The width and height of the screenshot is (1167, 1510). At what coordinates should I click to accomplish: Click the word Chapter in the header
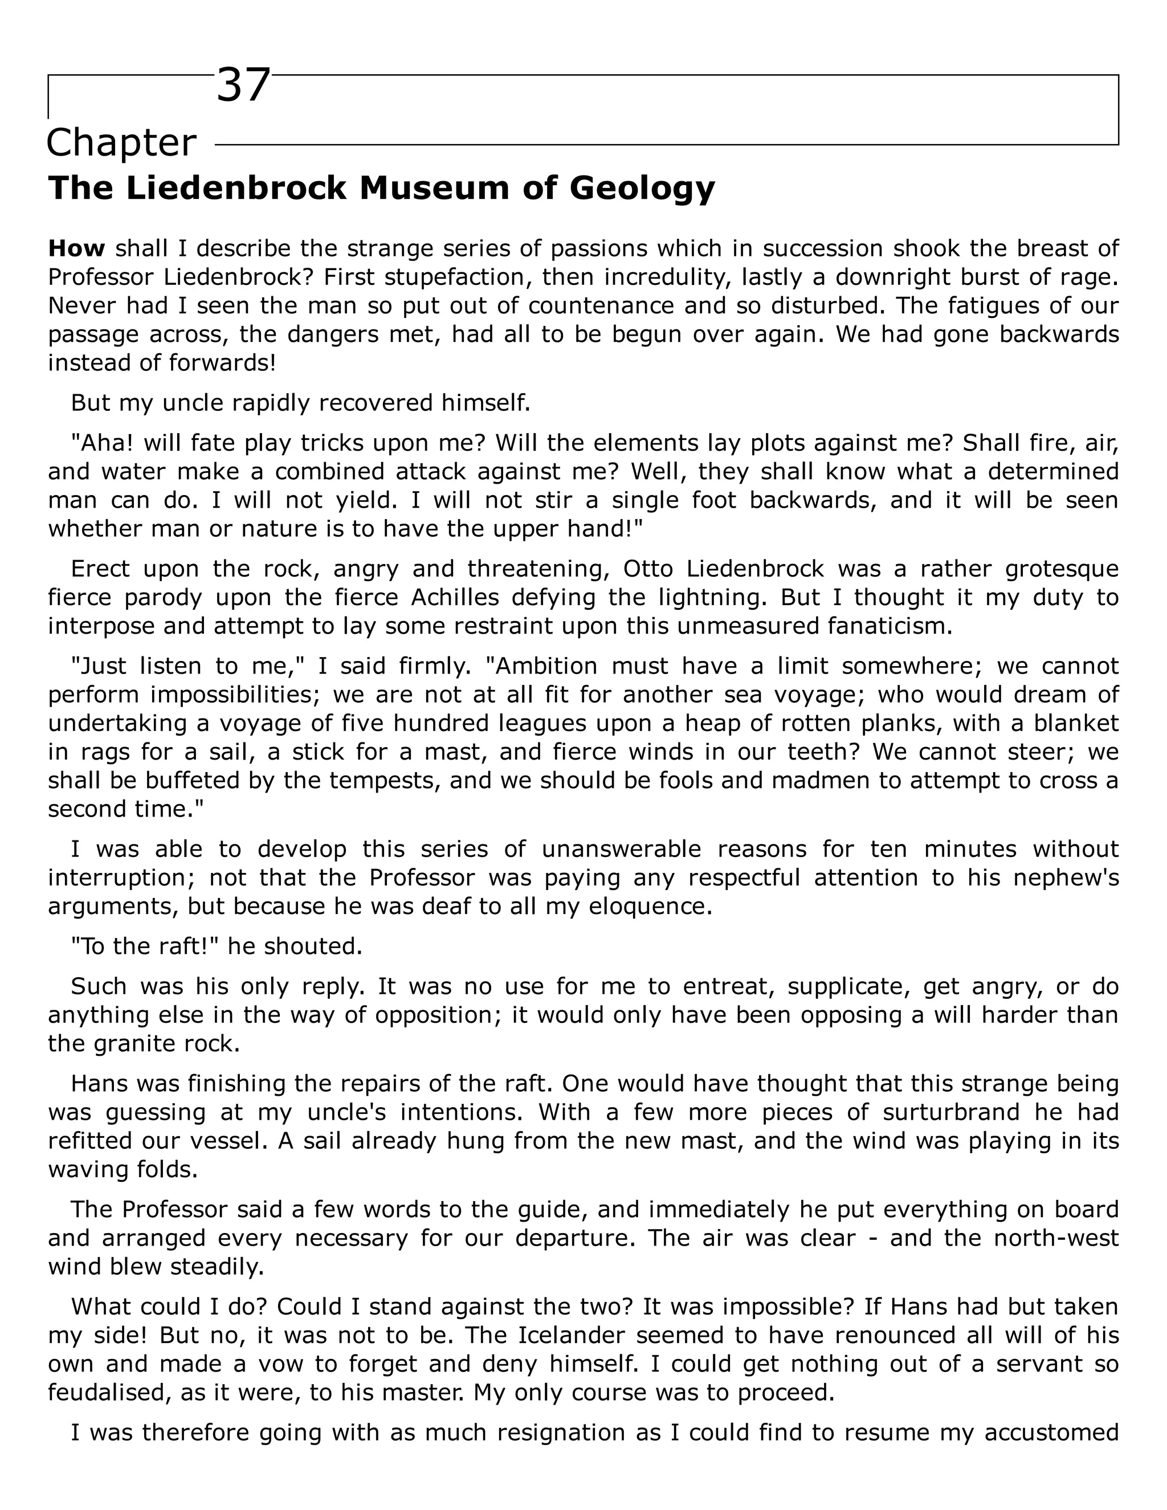(121, 143)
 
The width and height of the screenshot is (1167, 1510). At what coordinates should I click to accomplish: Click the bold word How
(76, 248)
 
